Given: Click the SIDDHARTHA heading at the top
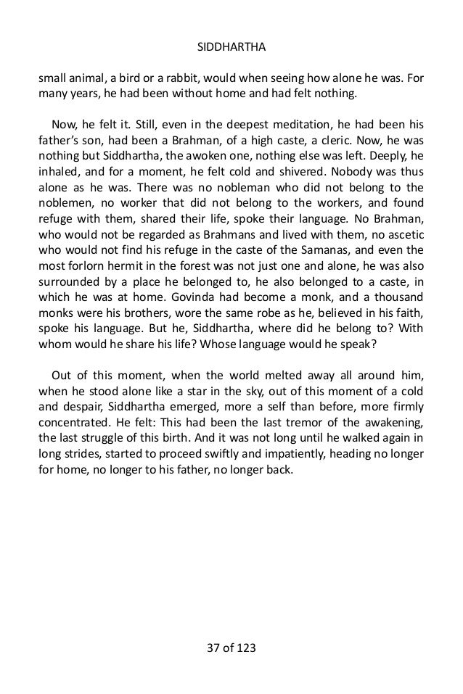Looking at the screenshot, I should click(231, 49).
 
